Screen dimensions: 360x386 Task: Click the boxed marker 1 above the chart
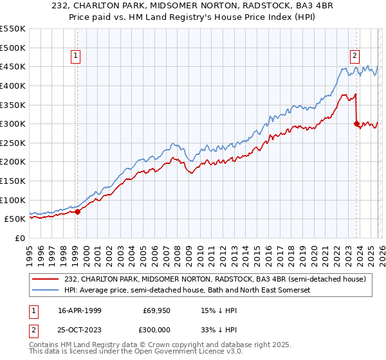point(77,56)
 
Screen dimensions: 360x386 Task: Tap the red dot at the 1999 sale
point(77,211)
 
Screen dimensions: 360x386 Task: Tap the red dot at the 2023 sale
point(356,123)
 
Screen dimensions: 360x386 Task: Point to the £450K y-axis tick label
point(14,66)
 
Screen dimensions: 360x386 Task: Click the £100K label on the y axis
point(14,200)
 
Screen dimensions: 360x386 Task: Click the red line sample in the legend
point(46,279)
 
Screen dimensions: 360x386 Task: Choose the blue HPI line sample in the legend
point(46,291)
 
